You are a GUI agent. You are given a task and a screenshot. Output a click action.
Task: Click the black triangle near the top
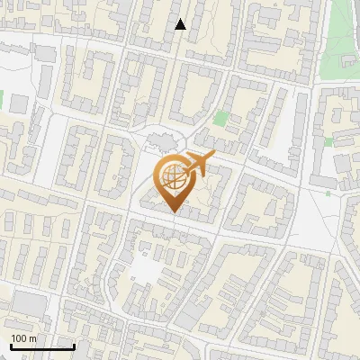[x=180, y=24]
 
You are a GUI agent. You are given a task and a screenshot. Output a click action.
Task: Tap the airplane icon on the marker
[x=195, y=166]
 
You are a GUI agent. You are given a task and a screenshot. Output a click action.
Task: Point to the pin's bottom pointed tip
[x=175, y=211]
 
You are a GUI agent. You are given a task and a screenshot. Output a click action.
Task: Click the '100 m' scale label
[x=24, y=338]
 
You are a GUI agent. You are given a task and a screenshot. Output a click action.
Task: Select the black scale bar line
[x=42, y=346]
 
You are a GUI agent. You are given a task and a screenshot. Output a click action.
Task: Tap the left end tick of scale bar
[x=11, y=345]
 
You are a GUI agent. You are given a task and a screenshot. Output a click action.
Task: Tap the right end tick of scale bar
[x=74, y=345]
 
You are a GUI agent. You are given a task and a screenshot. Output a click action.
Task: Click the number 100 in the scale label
[x=20, y=338]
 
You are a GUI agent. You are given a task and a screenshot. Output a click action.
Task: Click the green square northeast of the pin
[x=221, y=118]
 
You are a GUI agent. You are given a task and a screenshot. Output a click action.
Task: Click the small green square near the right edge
[x=329, y=141]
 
